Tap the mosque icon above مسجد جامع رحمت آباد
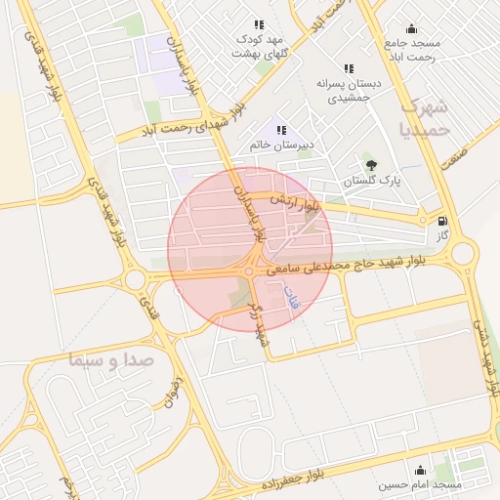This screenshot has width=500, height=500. tap(412, 28)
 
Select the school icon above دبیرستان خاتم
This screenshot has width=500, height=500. tap(282, 130)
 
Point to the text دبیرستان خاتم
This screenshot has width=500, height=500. tap(272, 145)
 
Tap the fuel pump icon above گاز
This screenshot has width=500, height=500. tap(444, 222)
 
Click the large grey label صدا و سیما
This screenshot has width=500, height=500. tap(112, 359)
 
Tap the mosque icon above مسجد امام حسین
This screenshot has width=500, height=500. tap(420, 470)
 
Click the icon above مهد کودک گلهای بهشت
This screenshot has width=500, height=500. tap(259, 24)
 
